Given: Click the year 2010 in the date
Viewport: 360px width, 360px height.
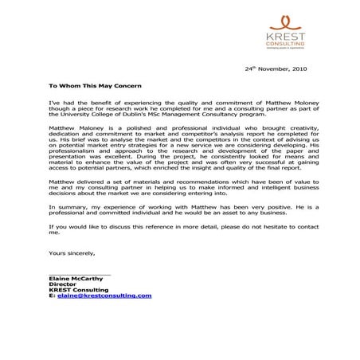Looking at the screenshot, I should point(299,69).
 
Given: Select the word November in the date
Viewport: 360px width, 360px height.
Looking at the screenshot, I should point(271,69).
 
